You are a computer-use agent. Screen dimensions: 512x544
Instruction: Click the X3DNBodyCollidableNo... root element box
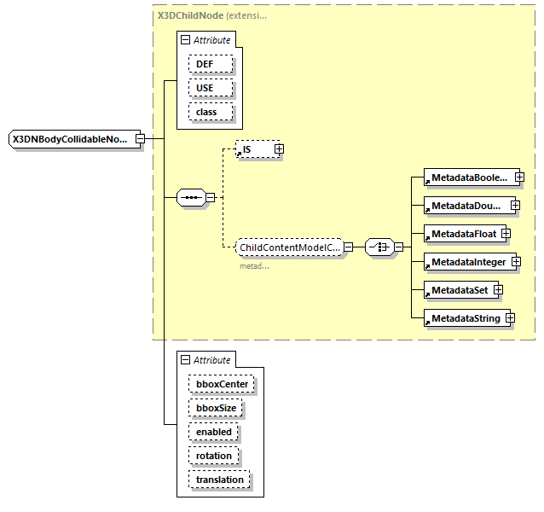71,139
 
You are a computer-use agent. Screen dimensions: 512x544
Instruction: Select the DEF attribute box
205,64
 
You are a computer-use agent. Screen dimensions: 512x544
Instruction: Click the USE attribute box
205,88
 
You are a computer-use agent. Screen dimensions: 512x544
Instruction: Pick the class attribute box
206,112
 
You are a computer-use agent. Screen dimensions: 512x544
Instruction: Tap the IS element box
253,149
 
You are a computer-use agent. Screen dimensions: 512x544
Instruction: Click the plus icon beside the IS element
279,149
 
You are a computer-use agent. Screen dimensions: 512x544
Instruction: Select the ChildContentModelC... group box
289,247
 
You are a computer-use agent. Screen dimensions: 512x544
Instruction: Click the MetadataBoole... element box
468,178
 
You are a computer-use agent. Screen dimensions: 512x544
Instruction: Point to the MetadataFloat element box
461,233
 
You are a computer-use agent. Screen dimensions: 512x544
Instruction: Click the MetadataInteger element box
467,261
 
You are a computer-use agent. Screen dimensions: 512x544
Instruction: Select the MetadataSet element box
459,290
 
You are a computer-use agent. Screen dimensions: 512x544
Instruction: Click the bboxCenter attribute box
221,384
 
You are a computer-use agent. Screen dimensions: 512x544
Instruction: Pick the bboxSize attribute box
216,408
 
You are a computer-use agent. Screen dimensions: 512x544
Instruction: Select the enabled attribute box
213,432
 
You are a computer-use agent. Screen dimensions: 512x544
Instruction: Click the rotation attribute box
213,456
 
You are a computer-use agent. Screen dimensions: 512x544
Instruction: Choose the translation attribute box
219,480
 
